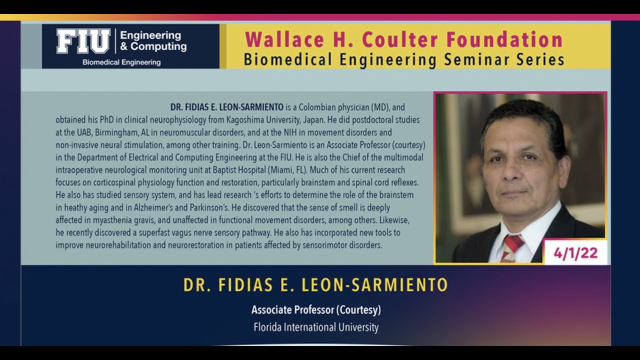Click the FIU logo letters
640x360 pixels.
coord(83,41)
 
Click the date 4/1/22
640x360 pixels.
coord(575,253)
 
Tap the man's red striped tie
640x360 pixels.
coord(511,248)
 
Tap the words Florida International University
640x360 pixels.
coord(316,327)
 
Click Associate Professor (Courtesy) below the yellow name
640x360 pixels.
coord(316,310)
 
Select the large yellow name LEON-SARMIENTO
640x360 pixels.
coord(375,285)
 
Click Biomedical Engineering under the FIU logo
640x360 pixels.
coord(121,62)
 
